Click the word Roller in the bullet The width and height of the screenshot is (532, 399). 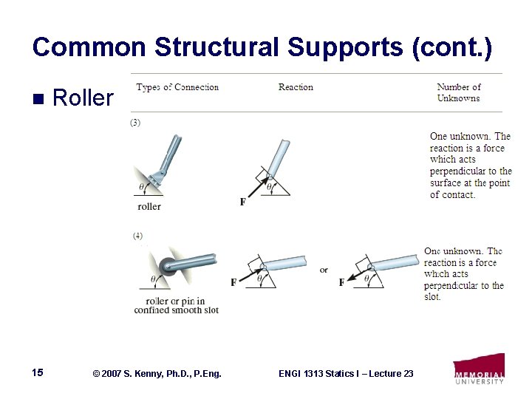(x=83, y=98)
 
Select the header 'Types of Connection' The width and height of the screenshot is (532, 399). (x=177, y=87)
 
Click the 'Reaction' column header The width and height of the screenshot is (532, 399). (x=296, y=87)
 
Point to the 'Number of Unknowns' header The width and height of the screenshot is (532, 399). (x=458, y=92)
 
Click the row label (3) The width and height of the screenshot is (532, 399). (x=135, y=123)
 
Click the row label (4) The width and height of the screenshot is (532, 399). (x=138, y=236)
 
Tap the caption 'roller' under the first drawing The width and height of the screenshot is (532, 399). (x=149, y=206)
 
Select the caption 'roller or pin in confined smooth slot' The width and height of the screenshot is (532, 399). (x=177, y=305)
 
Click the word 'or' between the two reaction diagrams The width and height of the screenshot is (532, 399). (x=324, y=270)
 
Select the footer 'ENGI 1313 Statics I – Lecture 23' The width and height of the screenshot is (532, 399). (x=346, y=374)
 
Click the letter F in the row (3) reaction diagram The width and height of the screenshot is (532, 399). (x=243, y=202)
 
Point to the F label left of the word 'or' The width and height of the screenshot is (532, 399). (x=233, y=282)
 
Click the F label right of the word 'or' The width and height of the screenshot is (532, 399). (x=341, y=282)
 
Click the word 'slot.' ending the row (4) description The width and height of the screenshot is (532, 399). (x=432, y=296)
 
